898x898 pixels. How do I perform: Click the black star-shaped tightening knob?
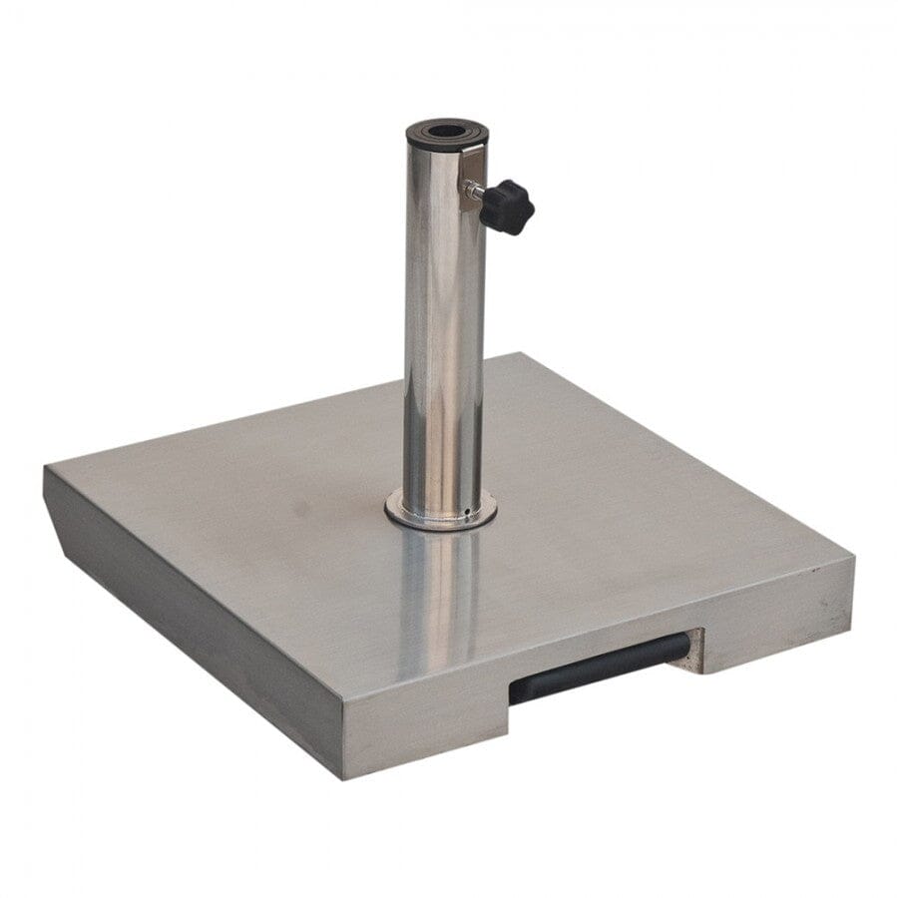[507, 206]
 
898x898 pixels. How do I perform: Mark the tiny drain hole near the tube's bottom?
[466, 514]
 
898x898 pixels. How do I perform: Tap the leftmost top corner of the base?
[45, 467]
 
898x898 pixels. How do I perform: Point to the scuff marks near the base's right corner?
[818, 599]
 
